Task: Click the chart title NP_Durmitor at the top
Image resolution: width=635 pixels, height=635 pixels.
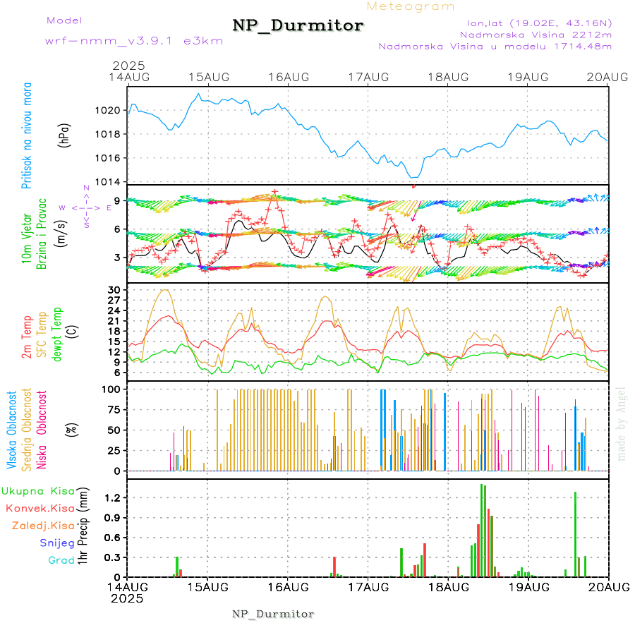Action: (298, 26)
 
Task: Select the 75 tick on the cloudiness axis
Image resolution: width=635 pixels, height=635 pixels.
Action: (113, 409)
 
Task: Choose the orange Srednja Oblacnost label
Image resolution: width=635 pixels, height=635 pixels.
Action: (28, 429)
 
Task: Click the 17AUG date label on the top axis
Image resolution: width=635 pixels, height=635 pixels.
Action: (368, 77)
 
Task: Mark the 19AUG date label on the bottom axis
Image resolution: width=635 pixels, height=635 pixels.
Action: (528, 586)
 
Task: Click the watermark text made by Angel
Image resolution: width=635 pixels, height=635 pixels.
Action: (622, 423)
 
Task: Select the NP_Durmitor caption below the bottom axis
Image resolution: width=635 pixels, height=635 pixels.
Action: (273, 614)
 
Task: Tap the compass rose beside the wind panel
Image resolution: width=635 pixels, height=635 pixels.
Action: (86, 207)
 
